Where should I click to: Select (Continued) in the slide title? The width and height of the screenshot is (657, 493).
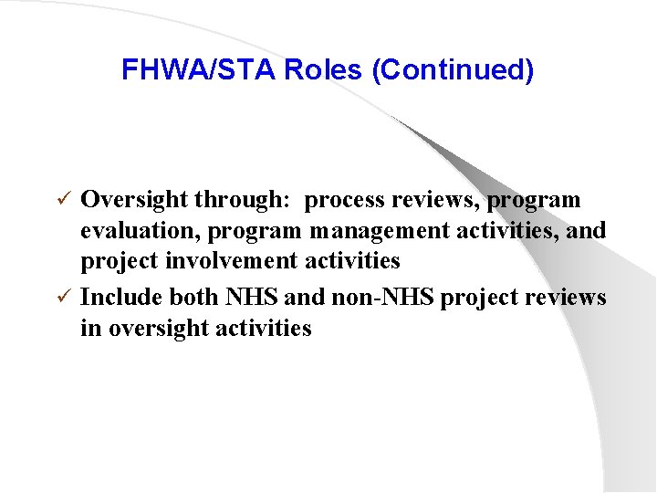coord(453,70)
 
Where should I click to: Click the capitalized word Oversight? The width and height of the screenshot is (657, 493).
coord(134,200)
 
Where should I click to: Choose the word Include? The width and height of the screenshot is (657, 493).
coord(119,298)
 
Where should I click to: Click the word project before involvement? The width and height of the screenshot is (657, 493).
coord(119,261)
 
